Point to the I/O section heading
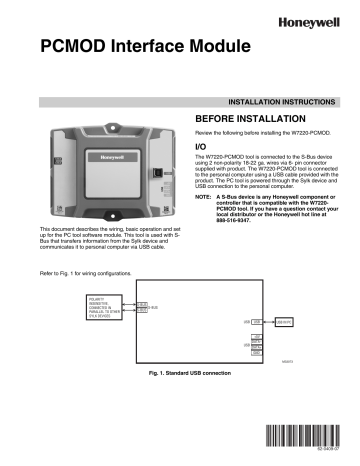tap(200, 145)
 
